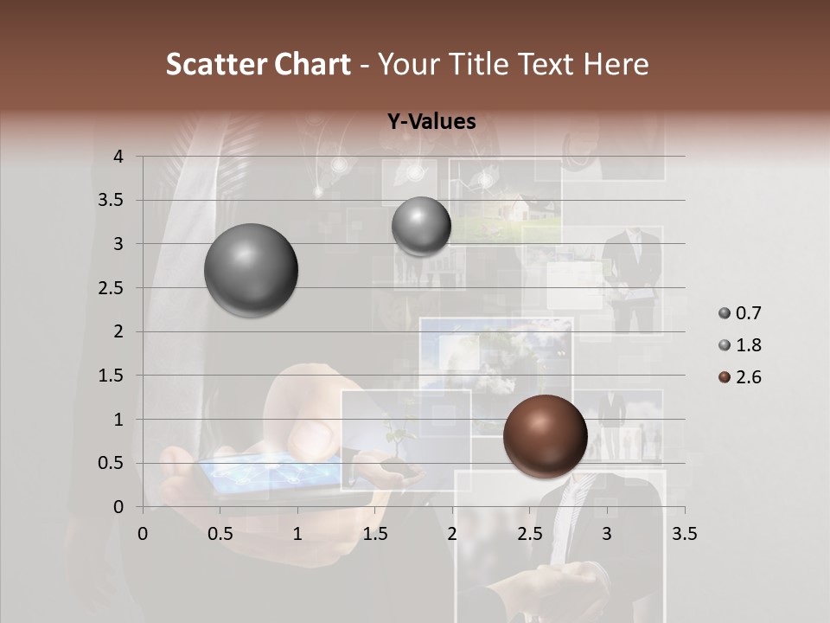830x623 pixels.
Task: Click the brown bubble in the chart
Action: pyautogui.click(x=545, y=436)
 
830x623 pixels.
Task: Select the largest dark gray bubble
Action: pyautogui.click(x=252, y=270)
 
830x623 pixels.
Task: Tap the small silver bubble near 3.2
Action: pyautogui.click(x=421, y=226)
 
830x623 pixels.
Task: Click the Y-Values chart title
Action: pyautogui.click(x=431, y=122)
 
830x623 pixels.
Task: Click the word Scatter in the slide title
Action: pyautogui.click(x=217, y=64)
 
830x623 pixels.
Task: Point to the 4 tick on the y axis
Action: pyautogui.click(x=118, y=157)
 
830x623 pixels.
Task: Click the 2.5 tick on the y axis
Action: pyautogui.click(x=112, y=288)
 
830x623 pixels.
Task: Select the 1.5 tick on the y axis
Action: pyautogui.click(x=112, y=376)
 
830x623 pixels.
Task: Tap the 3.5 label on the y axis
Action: pyautogui.click(x=112, y=201)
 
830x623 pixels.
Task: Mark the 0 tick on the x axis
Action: pyautogui.click(x=143, y=534)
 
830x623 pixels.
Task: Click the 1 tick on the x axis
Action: pyautogui.click(x=297, y=534)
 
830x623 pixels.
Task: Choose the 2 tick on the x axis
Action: pyautogui.click(x=452, y=534)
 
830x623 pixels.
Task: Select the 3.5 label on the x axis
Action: pyautogui.click(x=684, y=534)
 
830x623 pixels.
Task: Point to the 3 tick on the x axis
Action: pyautogui.click(x=607, y=534)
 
